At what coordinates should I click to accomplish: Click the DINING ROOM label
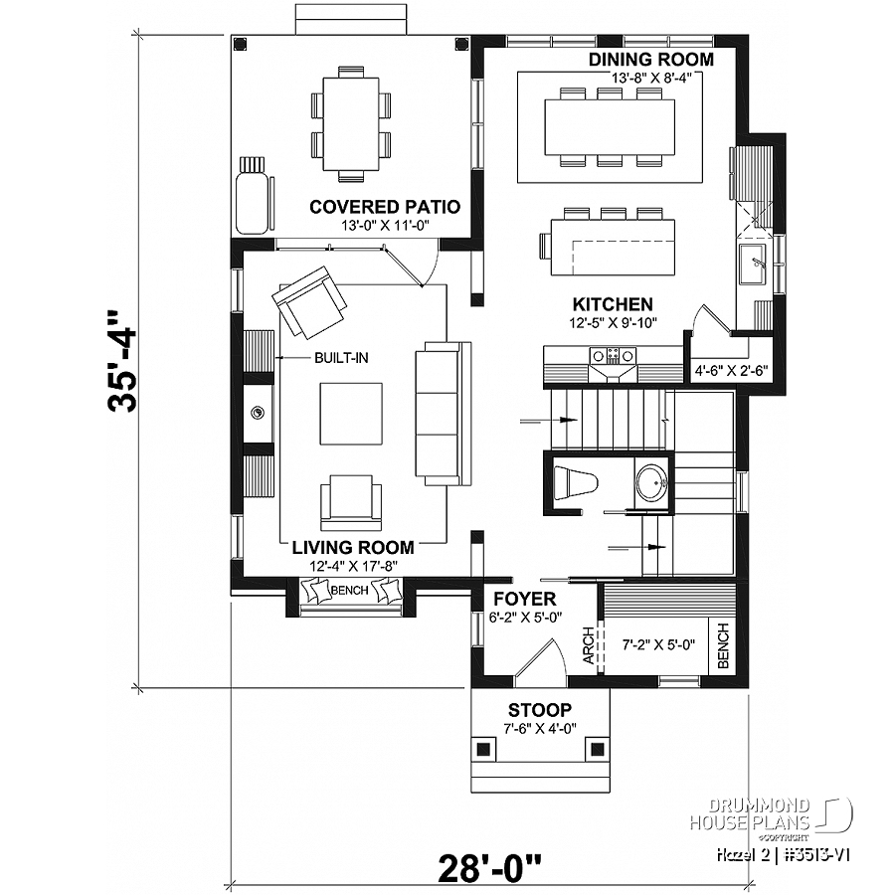coord(650,60)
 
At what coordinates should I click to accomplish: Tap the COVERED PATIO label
coord(385,207)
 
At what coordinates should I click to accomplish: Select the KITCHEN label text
coord(613,304)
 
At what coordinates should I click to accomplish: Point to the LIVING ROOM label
coord(353,548)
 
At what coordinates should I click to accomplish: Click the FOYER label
coord(524,600)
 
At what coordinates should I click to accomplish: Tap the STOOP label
coord(540,710)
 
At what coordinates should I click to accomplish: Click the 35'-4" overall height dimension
coord(121,361)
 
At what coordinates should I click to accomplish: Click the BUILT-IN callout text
coord(341,358)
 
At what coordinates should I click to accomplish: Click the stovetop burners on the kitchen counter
coord(614,356)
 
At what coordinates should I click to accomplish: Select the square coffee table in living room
coord(351,414)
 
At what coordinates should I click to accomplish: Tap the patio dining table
coord(351,124)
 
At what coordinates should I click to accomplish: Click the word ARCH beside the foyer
coord(588,646)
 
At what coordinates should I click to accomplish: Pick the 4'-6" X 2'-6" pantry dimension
coord(731,371)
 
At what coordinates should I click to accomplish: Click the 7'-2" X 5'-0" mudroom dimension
coord(658,645)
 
